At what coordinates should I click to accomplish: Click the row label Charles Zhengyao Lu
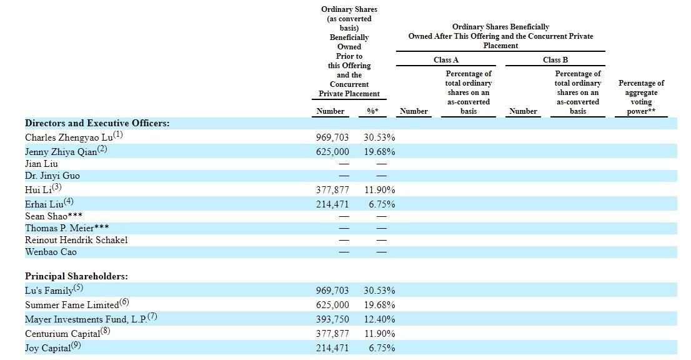(x=69, y=137)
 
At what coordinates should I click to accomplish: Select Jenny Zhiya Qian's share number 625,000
(x=332, y=152)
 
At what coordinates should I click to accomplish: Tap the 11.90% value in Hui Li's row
(x=380, y=190)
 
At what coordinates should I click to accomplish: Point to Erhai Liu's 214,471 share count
(x=332, y=204)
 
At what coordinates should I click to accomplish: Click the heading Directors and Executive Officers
(x=97, y=123)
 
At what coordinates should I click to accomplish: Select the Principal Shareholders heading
(x=76, y=276)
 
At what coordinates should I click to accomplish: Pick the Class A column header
(x=446, y=60)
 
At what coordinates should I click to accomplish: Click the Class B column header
(x=555, y=60)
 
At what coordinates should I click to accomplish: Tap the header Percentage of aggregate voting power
(x=641, y=97)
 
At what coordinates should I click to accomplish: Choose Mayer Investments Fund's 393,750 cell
(x=332, y=319)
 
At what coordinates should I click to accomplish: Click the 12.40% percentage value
(x=380, y=319)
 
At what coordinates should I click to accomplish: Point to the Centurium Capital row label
(x=62, y=334)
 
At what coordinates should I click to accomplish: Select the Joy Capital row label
(x=47, y=348)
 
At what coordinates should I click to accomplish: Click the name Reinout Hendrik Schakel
(x=76, y=240)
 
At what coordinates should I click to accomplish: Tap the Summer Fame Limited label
(x=72, y=305)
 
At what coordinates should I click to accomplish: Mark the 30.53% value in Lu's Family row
(x=379, y=291)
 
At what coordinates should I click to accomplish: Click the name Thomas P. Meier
(x=59, y=228)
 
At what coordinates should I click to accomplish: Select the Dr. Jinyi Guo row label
(x=52, y=176)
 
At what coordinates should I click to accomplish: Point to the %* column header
(x=373, y=111)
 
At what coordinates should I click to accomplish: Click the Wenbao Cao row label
(x=51, y=252)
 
